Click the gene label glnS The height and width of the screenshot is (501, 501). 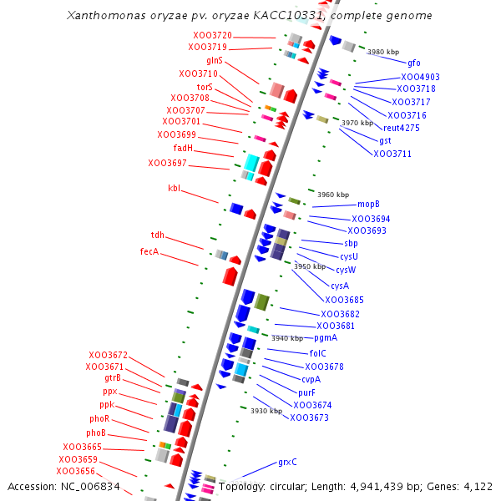pyautogui.click(x=215, y=61)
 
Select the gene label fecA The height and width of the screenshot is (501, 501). pyautogui.click(x=149, y=251)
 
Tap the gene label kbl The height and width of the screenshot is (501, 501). pyautogui.click(x=174, y=189)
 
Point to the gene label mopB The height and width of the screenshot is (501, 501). pyautogui.click(x=368, y=204)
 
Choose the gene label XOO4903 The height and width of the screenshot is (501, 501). pyautogui.click(x=420, y=77)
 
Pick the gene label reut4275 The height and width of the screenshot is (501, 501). pyautogui.click(x=402, y=128)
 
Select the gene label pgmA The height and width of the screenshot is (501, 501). pyautogui.click(x=326, y=338)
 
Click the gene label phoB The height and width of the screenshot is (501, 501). pyautogui.click(x=96, y=433)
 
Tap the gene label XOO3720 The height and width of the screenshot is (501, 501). pyautogui.click(x=212, y=35)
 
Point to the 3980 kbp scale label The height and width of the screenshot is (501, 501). pyautogui.click(x=383, y=52)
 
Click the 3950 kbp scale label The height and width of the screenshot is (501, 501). pyautogui.click(x=310, y=267)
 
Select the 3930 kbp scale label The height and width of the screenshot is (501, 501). pyautogui.click(x=266, y=411)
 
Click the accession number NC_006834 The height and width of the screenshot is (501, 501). pyautogui.click(x=87, y=486)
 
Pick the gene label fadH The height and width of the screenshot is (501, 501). pyautogui.click(x=183, y=149)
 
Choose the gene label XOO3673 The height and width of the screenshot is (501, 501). pyautogui.click(x=309, y=417)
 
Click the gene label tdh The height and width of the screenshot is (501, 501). pyautogui.click(x=158, y=235)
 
